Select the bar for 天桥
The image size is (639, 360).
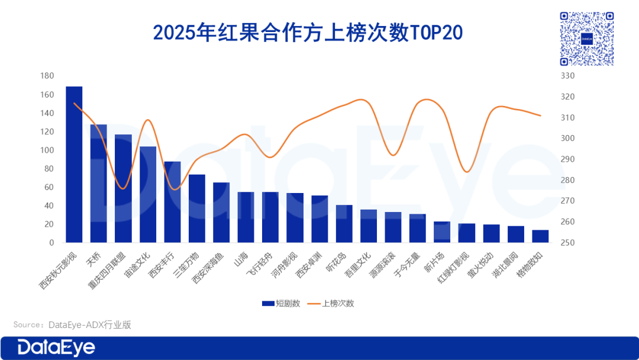pyautogui.click(x=99, y=184)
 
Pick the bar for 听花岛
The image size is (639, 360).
pyautogui.click(x=344, y=224)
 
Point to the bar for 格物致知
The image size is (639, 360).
pyautogui.click(x=540, y=236)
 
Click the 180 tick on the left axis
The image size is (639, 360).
pyautogui.click(x=47, y=76)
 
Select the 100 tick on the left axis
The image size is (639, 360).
pyautogui.click(x=47, y=150)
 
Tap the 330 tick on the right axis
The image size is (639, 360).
pyautogui.click(x=568, y=76)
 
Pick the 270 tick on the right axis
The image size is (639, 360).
pyautogui.click(x=568, y=201)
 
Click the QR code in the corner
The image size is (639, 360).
pyautogui.click(x=586, y=39)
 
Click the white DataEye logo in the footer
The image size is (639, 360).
pyautogui.click(x=56, y=348)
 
